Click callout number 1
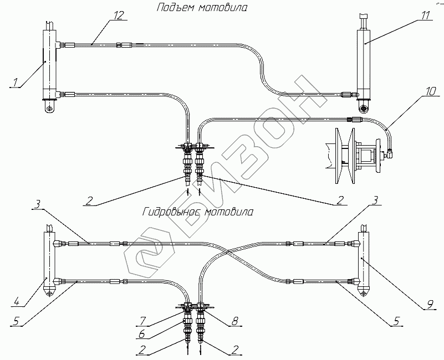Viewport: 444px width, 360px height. coord(17,83)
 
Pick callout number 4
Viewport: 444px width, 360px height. coord(18,302)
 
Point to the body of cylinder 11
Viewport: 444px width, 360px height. coord(365,61)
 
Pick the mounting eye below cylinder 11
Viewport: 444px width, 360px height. coord(365,107)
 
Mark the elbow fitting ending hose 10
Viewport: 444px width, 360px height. coord(390,149)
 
